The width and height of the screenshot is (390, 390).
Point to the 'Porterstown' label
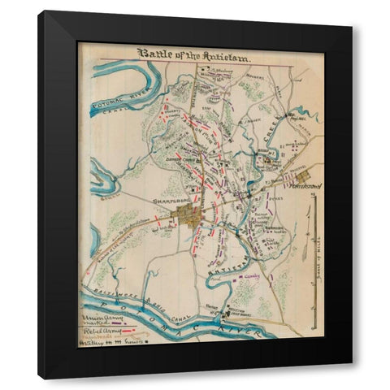coord(305,186)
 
